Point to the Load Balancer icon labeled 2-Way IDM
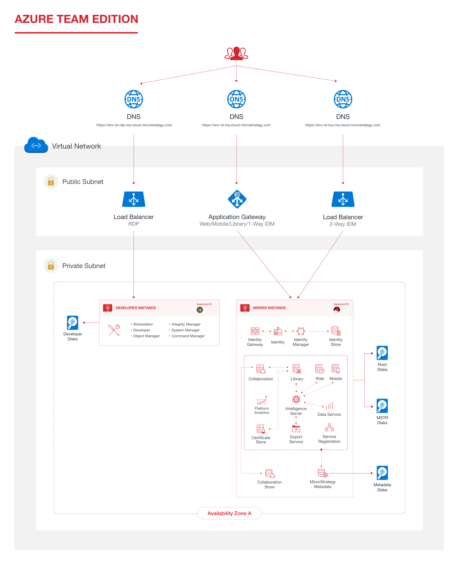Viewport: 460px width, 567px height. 343,199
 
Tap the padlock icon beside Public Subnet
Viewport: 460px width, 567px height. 51,182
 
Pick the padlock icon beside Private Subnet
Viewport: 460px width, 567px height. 51,266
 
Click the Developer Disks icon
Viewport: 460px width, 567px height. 72,323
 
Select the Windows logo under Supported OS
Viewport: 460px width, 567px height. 200,310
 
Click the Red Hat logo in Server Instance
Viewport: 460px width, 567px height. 337,310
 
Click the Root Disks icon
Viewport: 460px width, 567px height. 382,353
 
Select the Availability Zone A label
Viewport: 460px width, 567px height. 229,513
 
